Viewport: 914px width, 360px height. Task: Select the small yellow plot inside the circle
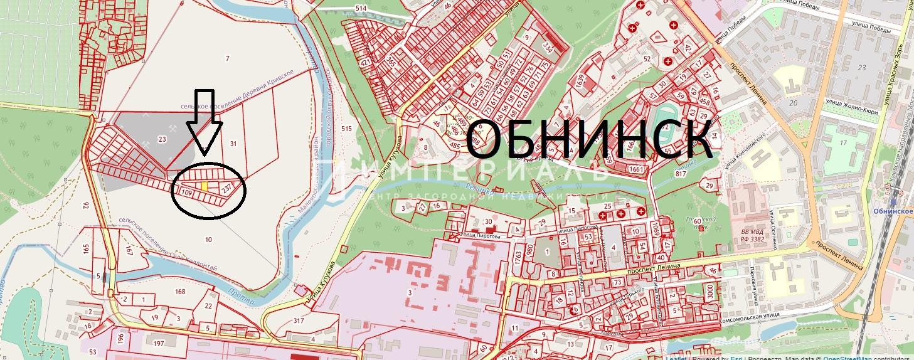pos(205,186)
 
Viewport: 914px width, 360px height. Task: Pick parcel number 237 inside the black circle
pos(226,187)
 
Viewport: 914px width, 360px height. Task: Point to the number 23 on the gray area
pos(162,140)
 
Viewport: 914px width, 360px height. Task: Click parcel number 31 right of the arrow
pos(233,144)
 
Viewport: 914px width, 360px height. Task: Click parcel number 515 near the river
pos(346,128)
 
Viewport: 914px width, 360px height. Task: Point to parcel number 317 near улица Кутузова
pos(298,320)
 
